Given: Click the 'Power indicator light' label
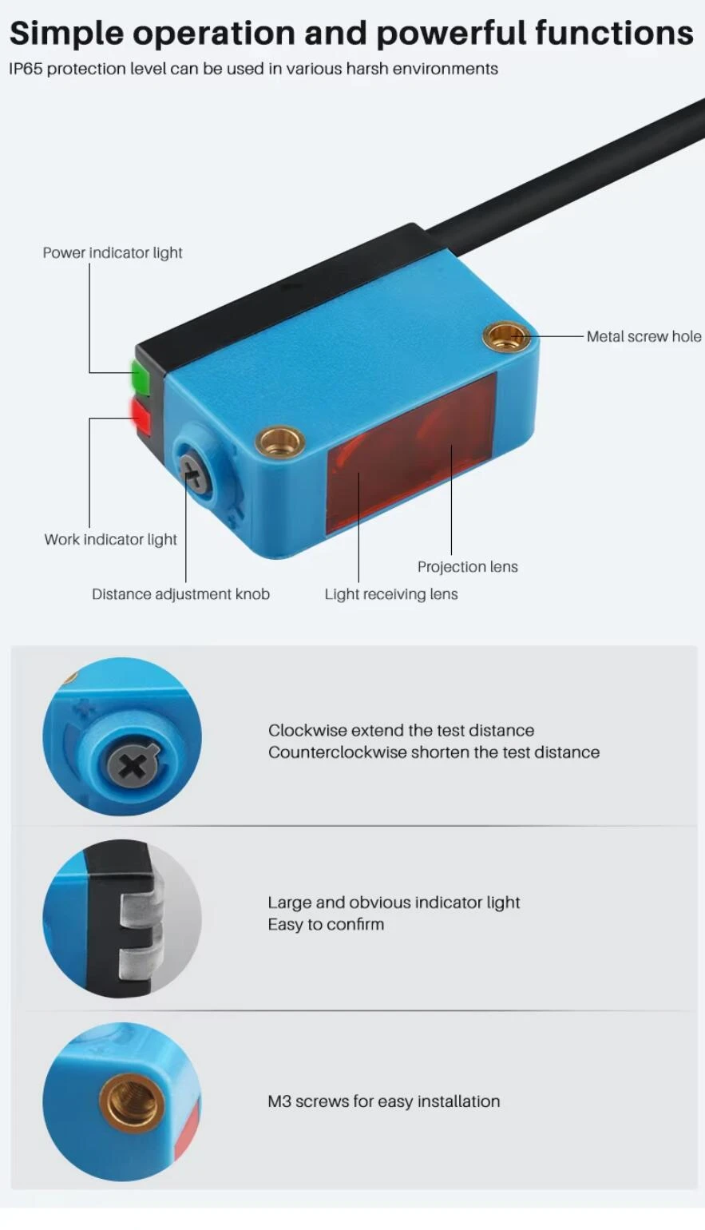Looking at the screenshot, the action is point(113,253).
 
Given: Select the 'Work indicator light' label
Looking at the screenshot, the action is point(111,540).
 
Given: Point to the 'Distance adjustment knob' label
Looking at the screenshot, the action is point(180,594).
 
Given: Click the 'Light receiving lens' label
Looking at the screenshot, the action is point(391,594).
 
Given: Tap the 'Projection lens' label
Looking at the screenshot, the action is point(468,567).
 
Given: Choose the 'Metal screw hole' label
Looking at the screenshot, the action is point(644,336).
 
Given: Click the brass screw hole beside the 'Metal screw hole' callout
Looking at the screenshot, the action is point(506,335).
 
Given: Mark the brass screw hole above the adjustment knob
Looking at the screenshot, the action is point(280,440).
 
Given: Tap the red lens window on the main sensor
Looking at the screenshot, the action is point(412,452).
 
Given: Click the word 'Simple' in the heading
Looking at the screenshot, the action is point(66,34).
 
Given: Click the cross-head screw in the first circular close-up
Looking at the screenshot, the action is point(133,765).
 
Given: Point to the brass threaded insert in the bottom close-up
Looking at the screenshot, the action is point(132,1104).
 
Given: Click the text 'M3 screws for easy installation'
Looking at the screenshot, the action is point(384,1101).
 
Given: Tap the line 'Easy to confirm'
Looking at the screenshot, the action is point(326,924).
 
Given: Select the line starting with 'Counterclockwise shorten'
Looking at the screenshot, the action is point(434,752).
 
